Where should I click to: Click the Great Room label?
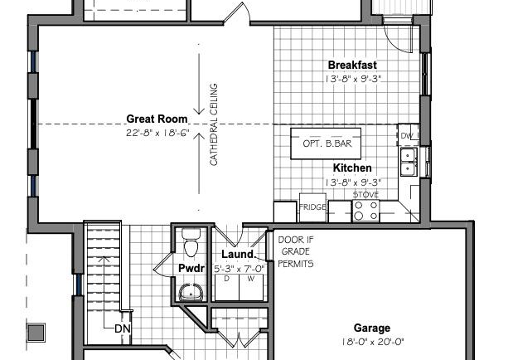coord(157,119)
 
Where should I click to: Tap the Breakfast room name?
coord(352,65)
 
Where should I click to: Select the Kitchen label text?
coord(352,168)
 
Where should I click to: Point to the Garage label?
coord(372,328)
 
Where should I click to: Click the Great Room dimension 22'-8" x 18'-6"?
coord(157,133)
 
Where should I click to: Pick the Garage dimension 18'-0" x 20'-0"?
coord(373,343)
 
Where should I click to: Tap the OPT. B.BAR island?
coord(326,144)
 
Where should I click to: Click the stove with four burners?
coord(365,211)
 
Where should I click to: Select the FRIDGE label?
coord(312,207)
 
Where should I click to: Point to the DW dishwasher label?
coord(407,135)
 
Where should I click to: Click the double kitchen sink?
coord(409,162)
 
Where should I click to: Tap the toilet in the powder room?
coord(191,243)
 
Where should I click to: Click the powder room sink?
coord(191,292)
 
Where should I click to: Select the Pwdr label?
coord(191,268)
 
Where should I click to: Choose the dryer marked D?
coord(227,287)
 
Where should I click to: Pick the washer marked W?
coord(251,287)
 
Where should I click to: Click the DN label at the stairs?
coord(123,328)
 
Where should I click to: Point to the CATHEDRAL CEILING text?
coord(213,124)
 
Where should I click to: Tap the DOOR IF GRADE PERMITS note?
coord(295,251)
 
